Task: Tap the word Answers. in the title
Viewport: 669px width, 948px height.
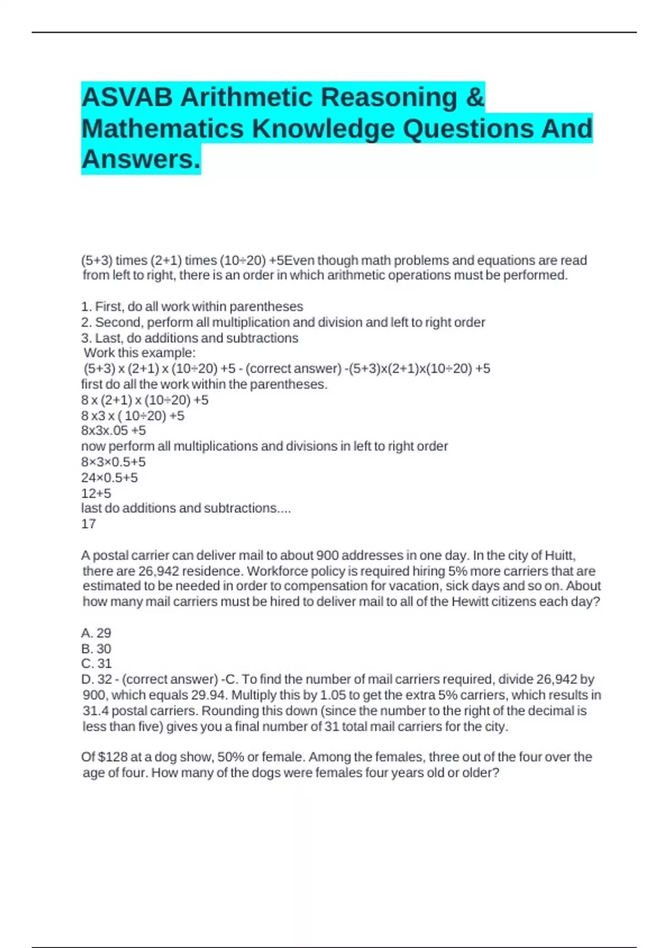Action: click(x=140, y=159)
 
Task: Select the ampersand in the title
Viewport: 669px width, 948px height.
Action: click(x=474, y=98)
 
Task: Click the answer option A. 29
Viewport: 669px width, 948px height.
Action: click(x=96, y=633)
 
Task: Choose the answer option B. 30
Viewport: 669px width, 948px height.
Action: click(x=96, y=649)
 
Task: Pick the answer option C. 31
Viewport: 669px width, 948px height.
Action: click(x=96, y=664)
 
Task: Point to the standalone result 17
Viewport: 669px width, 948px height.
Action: click(x=89, y=524)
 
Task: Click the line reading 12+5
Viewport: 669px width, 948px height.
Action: click(x=96, y=493)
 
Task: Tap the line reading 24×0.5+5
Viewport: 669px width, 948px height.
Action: click(x=109, y=477)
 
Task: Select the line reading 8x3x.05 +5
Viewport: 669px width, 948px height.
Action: click(x=113, y=431)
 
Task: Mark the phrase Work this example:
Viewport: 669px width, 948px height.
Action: click(x=139, y=353)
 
